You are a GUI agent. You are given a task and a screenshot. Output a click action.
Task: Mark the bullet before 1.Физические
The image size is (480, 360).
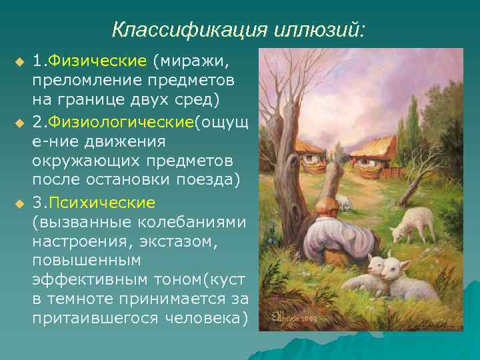pos(19,62)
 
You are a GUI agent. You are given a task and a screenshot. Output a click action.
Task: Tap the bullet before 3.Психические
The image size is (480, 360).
pos(19,202)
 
